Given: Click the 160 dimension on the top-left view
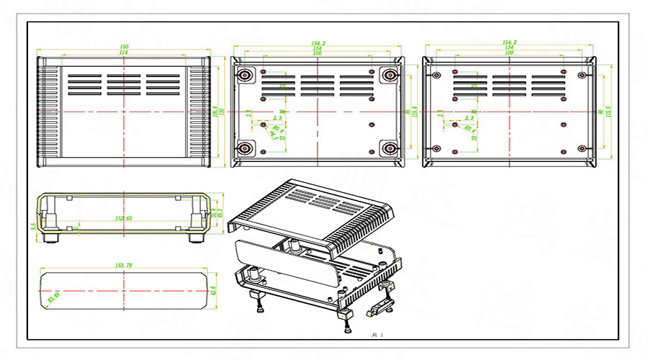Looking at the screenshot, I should coord(124,48).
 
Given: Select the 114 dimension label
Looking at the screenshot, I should coord(124,53).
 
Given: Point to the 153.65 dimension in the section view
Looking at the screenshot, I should coord(124,217).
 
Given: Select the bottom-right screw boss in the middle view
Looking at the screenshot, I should coord(390,148).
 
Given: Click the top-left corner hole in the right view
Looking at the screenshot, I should coord(436,74).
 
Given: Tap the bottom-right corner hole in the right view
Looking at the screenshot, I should coord(582,148).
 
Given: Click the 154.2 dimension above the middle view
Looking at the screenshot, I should coord(318,43).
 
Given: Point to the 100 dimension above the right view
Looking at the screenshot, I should coord(509,53).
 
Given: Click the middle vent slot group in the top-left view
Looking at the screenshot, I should coord(124,84).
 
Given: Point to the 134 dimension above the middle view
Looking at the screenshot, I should coord(318,48).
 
